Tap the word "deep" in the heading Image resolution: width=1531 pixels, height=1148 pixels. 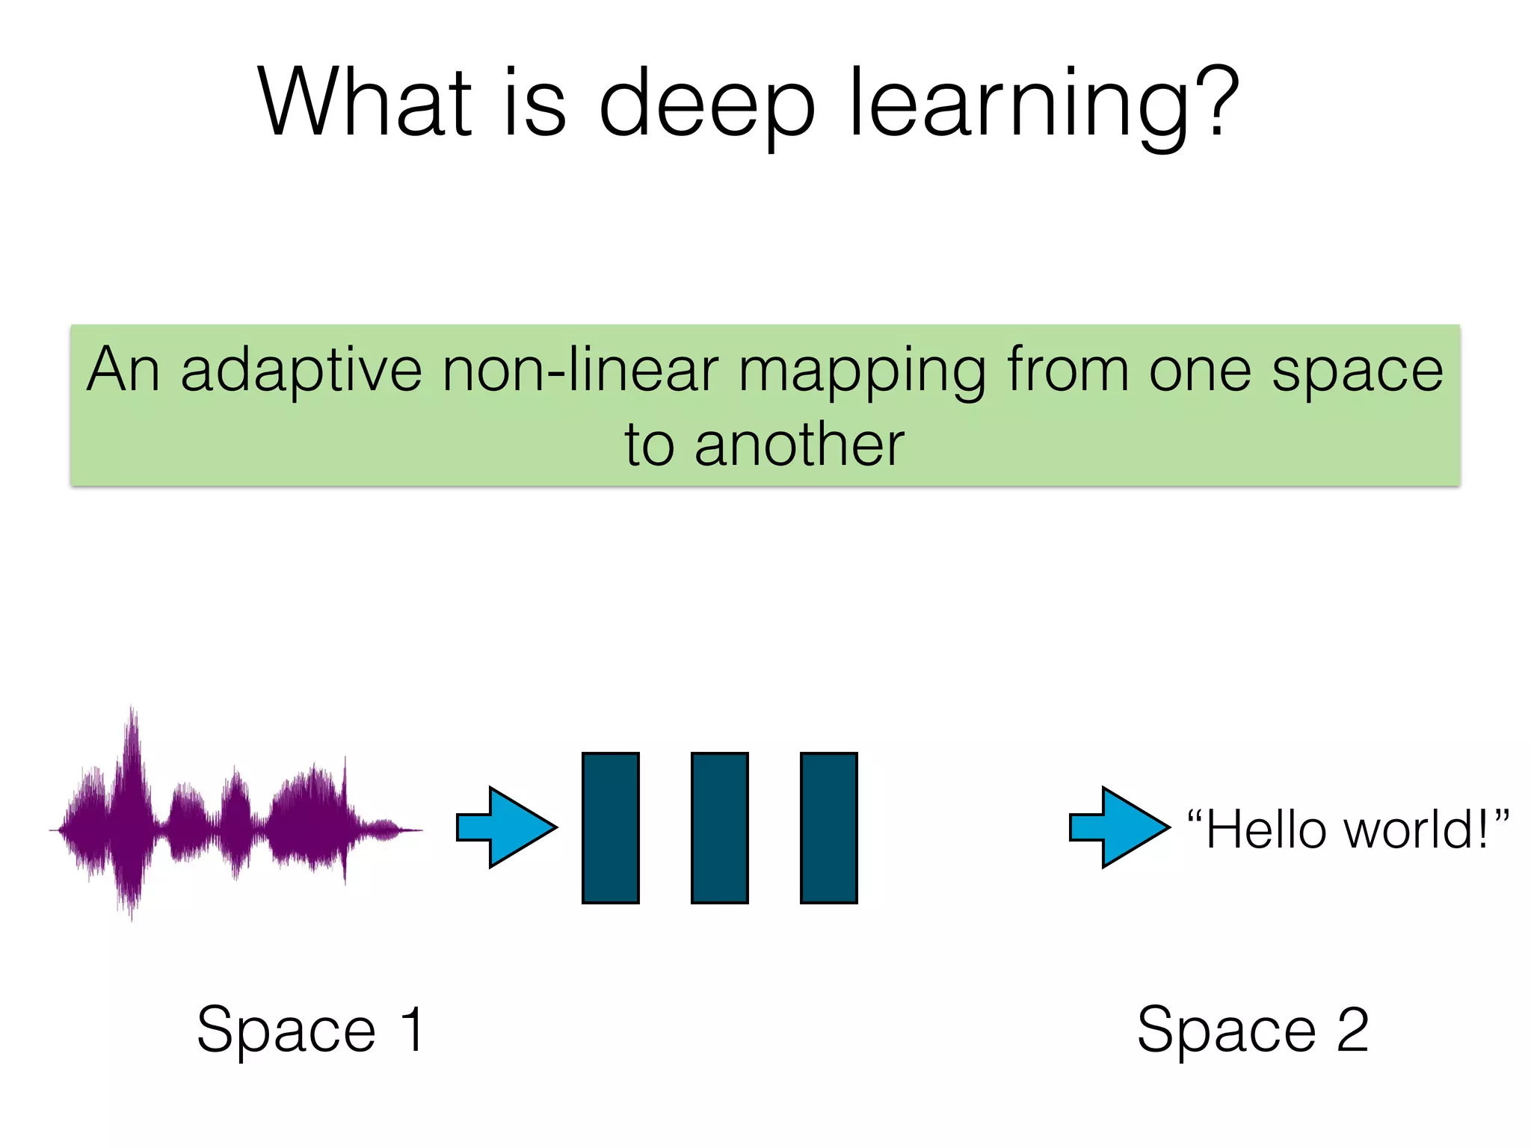pos(706,105)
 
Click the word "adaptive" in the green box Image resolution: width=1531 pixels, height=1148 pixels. pos(301,371)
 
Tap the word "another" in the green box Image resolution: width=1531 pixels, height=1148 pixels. pos(799,445)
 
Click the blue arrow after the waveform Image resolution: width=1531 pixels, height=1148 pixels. pos(507,827)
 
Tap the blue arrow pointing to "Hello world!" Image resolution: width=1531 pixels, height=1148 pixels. pos(1119,827)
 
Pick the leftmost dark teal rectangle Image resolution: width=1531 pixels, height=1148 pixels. pos(611,828)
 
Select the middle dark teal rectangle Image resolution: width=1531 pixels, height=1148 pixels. pos(720,828)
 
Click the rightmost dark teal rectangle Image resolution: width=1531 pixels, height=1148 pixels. pos(829,828)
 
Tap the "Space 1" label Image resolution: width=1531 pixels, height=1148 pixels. pos(310,1030)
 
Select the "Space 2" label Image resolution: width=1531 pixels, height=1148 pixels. pos(1252,1030)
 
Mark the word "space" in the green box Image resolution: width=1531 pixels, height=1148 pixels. pos(1357,371)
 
